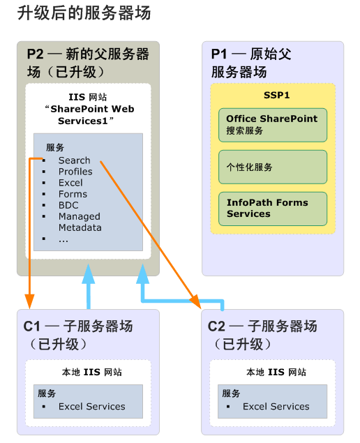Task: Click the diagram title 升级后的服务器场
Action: click(83, 13)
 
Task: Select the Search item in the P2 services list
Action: click(74, 160)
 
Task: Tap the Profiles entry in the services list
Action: click(75, 172)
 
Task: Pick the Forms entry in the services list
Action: click(73, 194)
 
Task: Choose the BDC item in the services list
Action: click(68, 205)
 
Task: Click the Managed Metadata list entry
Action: click(80, 222)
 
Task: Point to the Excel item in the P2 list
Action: click(70, 183)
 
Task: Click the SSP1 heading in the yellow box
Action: click(272, 95)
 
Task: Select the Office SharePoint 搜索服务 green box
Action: click(272, 124)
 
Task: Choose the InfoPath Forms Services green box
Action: click(272, 208)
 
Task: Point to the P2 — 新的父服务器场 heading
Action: click(88, 63)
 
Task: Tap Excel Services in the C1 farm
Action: click(91, 407)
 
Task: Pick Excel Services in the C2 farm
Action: click(276, 407)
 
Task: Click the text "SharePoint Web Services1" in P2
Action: click(89, 114)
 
